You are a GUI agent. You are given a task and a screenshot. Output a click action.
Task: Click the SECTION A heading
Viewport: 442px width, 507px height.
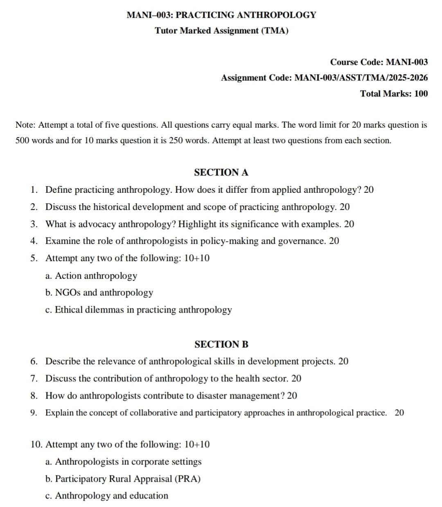[221, 172]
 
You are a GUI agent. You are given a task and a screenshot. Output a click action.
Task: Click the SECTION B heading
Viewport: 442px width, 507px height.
[221, 344]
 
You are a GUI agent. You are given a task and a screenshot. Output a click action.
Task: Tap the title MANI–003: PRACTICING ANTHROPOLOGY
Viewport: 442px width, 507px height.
[221, 15]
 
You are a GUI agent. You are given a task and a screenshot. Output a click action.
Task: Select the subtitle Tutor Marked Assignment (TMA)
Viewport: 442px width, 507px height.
[221, 31]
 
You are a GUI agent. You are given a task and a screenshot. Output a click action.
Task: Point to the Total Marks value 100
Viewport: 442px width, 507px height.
[421, 93]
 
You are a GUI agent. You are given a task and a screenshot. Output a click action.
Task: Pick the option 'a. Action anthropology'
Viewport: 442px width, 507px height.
[91, 276]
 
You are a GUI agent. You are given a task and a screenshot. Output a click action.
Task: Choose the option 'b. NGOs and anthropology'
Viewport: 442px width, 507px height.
[99, 293]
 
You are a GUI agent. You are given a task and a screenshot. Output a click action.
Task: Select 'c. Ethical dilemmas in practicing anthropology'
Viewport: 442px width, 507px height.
[138, 310]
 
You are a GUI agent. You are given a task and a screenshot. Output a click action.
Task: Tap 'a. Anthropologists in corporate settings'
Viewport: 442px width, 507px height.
[123, 462]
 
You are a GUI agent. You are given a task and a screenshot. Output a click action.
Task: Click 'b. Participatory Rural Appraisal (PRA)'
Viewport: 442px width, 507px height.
[123, 479]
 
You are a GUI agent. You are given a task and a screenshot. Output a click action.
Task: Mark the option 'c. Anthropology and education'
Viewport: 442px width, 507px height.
[106, 496]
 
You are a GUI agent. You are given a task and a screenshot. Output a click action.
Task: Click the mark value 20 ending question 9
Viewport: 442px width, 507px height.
[399, 412]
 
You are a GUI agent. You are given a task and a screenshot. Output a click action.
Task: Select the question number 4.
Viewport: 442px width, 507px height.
[34, 241]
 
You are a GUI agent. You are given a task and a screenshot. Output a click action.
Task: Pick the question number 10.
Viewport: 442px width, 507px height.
[36, 444]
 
